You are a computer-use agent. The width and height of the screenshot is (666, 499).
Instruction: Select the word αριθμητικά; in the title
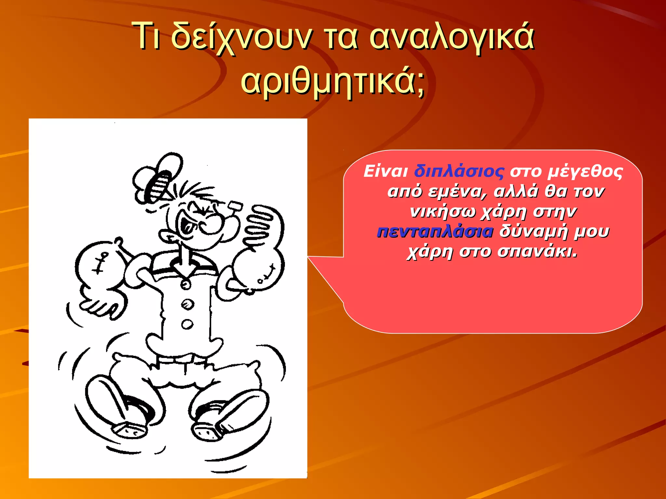click(333, 81)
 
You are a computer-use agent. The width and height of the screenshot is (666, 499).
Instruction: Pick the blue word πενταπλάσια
click(435, 232)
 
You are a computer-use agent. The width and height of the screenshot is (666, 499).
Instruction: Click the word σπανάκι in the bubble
click(537, 251)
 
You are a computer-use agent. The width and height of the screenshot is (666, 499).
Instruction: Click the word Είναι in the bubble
click(386, 172)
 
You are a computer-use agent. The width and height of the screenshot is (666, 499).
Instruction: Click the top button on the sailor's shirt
click(186, 285)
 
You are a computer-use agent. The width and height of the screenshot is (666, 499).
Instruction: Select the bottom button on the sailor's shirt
click(187, 324)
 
